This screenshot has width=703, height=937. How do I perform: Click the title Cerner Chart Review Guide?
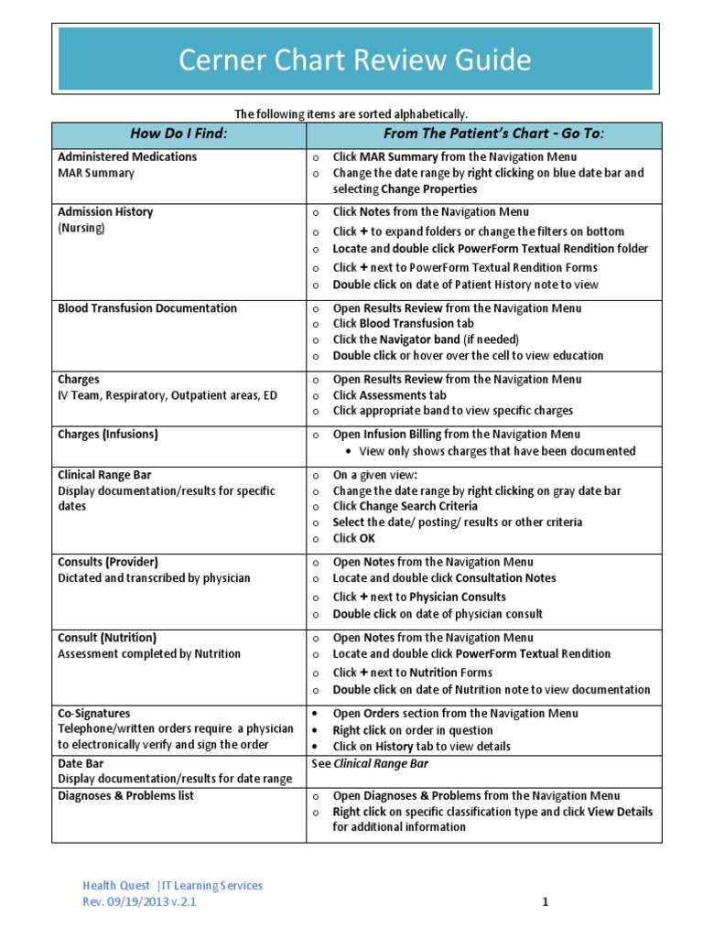point(354,60)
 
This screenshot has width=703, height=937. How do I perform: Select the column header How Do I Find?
point(178,134)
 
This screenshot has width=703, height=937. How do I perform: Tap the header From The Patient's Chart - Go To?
point(483,134)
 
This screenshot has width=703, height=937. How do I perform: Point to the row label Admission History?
point(105,211)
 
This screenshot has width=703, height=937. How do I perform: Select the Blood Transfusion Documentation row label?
point(147,308)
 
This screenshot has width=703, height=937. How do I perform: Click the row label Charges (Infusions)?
point(108,435)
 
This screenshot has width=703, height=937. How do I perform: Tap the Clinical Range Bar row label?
point(104,475)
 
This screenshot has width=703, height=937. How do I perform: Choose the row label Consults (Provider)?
point(107,562)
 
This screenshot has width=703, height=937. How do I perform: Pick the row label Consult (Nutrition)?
point(107,637)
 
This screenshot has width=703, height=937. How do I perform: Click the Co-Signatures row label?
point(94,713)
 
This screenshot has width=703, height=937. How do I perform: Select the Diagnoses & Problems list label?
point(126,796)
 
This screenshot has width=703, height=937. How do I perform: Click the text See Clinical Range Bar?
point(370,763)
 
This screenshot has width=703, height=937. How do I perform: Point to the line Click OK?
point(354,538)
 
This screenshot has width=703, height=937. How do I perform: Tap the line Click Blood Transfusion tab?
point(404,323)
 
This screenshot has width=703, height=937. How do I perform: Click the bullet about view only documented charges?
point(497,451)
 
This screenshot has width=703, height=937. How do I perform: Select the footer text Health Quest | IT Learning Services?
point(172,885)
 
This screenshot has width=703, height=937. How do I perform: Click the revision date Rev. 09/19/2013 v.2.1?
point(139,901)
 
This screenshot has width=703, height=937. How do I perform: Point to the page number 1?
point(545,902)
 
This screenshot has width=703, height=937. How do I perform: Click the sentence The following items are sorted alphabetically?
point(351,113)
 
